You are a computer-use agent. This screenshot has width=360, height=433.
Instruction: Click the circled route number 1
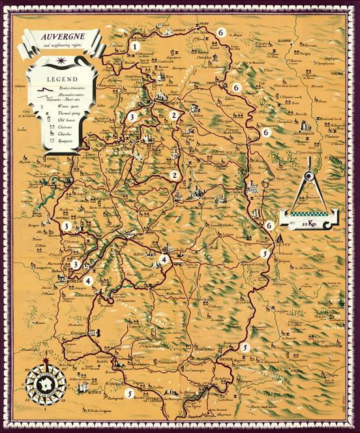coord(135,46)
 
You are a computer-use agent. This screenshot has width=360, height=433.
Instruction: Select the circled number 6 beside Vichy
coord(221,32)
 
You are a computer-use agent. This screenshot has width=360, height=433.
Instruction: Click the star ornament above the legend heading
coord(61,61)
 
